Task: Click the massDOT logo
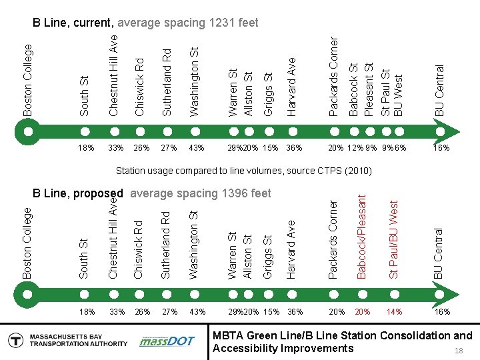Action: (167, 341)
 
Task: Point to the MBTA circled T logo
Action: (15, 341)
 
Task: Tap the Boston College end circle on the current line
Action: (27, 131)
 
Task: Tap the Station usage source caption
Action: (244, 171)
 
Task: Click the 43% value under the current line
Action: (197, 147)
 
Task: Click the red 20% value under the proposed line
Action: (363, 312)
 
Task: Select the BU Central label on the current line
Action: (439, 90)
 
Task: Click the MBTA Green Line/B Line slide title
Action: (342, 341)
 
